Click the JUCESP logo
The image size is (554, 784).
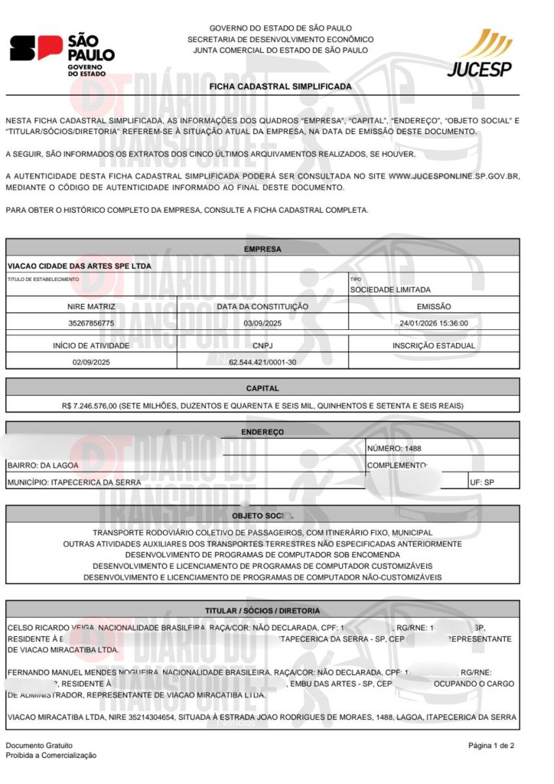480,54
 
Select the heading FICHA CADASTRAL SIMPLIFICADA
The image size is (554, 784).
281,87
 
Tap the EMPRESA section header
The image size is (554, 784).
262,249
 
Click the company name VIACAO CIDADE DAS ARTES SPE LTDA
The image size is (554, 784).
80,266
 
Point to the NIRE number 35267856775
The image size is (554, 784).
91,323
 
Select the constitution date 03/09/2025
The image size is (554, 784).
262,323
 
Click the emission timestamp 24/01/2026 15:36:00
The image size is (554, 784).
434,323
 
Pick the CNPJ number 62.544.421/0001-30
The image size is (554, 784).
262,360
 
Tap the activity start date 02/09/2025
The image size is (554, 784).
91,360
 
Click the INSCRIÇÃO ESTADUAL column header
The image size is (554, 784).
434,345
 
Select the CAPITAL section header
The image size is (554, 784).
262,388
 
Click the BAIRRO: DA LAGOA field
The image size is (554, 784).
43,465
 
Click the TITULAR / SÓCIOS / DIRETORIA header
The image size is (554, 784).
262,610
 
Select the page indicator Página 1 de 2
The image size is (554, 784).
491,745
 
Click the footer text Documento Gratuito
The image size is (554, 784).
39,745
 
